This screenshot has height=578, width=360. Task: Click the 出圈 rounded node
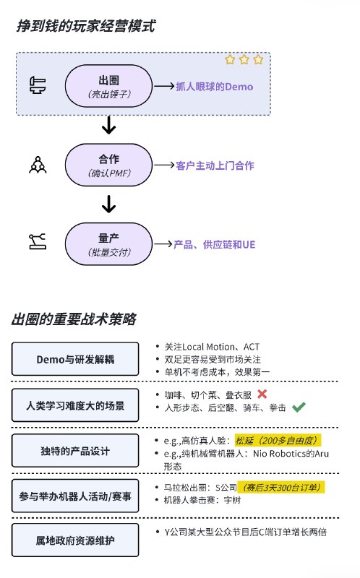pos(108,86)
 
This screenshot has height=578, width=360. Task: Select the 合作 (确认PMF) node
pos(108,165)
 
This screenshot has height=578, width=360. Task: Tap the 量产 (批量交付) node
pos(108,243)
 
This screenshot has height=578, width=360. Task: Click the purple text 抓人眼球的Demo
pos(214,87)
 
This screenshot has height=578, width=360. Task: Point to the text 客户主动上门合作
pos(215,165)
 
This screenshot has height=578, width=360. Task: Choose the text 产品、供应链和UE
pos(214,244)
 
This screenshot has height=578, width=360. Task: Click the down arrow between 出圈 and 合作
pos(109,125)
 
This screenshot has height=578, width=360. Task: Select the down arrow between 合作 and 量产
pos(109,204)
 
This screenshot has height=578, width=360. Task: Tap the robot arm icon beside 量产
pos(38,241)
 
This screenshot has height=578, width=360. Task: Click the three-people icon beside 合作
pos(38,165)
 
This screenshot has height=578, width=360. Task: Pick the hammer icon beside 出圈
pos(38,85)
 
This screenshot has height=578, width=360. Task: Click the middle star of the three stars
pos(244,59)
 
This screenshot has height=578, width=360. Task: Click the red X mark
pos(262,394)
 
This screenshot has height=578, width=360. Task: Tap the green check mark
pos(299,407)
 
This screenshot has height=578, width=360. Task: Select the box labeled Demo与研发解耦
pos(75,359)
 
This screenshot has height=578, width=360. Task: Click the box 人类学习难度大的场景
pos(75,405)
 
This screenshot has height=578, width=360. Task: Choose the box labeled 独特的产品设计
pos(75,450)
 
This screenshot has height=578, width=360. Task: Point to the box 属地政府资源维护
pos(75,540)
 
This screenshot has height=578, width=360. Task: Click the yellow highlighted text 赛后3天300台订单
pos(281,487)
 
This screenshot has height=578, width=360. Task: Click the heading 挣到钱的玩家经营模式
pos(86,26)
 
